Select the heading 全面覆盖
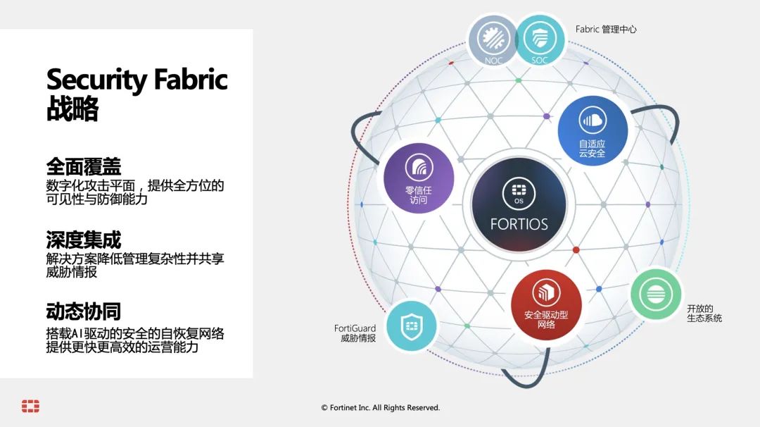pyautogui.click(x=83, y=167)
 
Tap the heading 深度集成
pyautogui.click(x=83, y=240)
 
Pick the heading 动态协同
pyautogui.click(x=83, y=311)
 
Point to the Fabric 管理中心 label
pyautogui.click(x=606, y=29)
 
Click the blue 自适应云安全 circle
pyautogui.click(x=593, y=131)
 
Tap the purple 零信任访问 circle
pyautogui.click(x=419, y=178)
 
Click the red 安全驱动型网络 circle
pyautogui.click(x=546, y=305)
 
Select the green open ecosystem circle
pyautogui.click(x=656, y=294)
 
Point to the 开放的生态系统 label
pyautogui.click(x=704, y=314)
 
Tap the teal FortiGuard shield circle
pyautogui.click(x=412, y=326)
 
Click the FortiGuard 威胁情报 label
pyautogui.click(x=355, y=333)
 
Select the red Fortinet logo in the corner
pyautogui.click(x=30, y=406)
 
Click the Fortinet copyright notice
pyautogui.click(x=381, y=407)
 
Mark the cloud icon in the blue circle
pyautogui.click(x=593, y=120)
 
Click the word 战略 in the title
pyautogui.click(x=72, y=109)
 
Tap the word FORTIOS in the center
pyautogui.click(x=519, y=224)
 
